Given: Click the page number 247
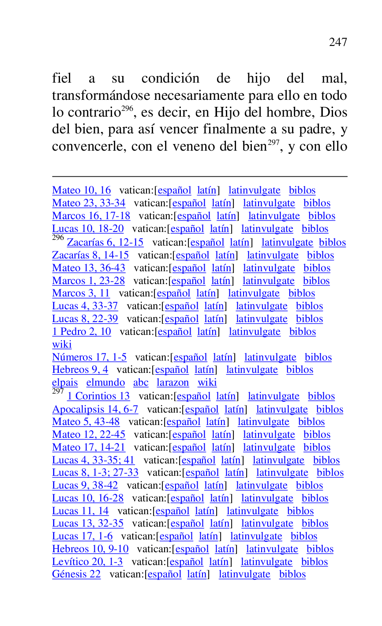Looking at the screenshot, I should click(338, 42).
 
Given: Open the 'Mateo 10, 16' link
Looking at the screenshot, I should click(81, 190).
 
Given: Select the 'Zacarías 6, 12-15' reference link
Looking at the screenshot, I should click(105, 243).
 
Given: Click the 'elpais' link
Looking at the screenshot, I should click(64, 383).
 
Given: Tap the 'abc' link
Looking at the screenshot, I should click(141, 383).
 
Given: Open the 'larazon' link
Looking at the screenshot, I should click(172, 383).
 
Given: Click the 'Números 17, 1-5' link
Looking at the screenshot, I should click(89, 357).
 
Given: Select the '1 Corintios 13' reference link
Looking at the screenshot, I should click(98, 396).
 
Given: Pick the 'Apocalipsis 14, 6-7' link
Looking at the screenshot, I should click(95, 410).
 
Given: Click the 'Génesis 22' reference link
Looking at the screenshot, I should click(76, 574).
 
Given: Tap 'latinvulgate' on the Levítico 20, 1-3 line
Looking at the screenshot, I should click(266, 562).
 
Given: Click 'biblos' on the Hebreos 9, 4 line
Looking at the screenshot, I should click(300, 370).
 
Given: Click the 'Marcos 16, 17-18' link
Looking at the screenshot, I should click(91, 216).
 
